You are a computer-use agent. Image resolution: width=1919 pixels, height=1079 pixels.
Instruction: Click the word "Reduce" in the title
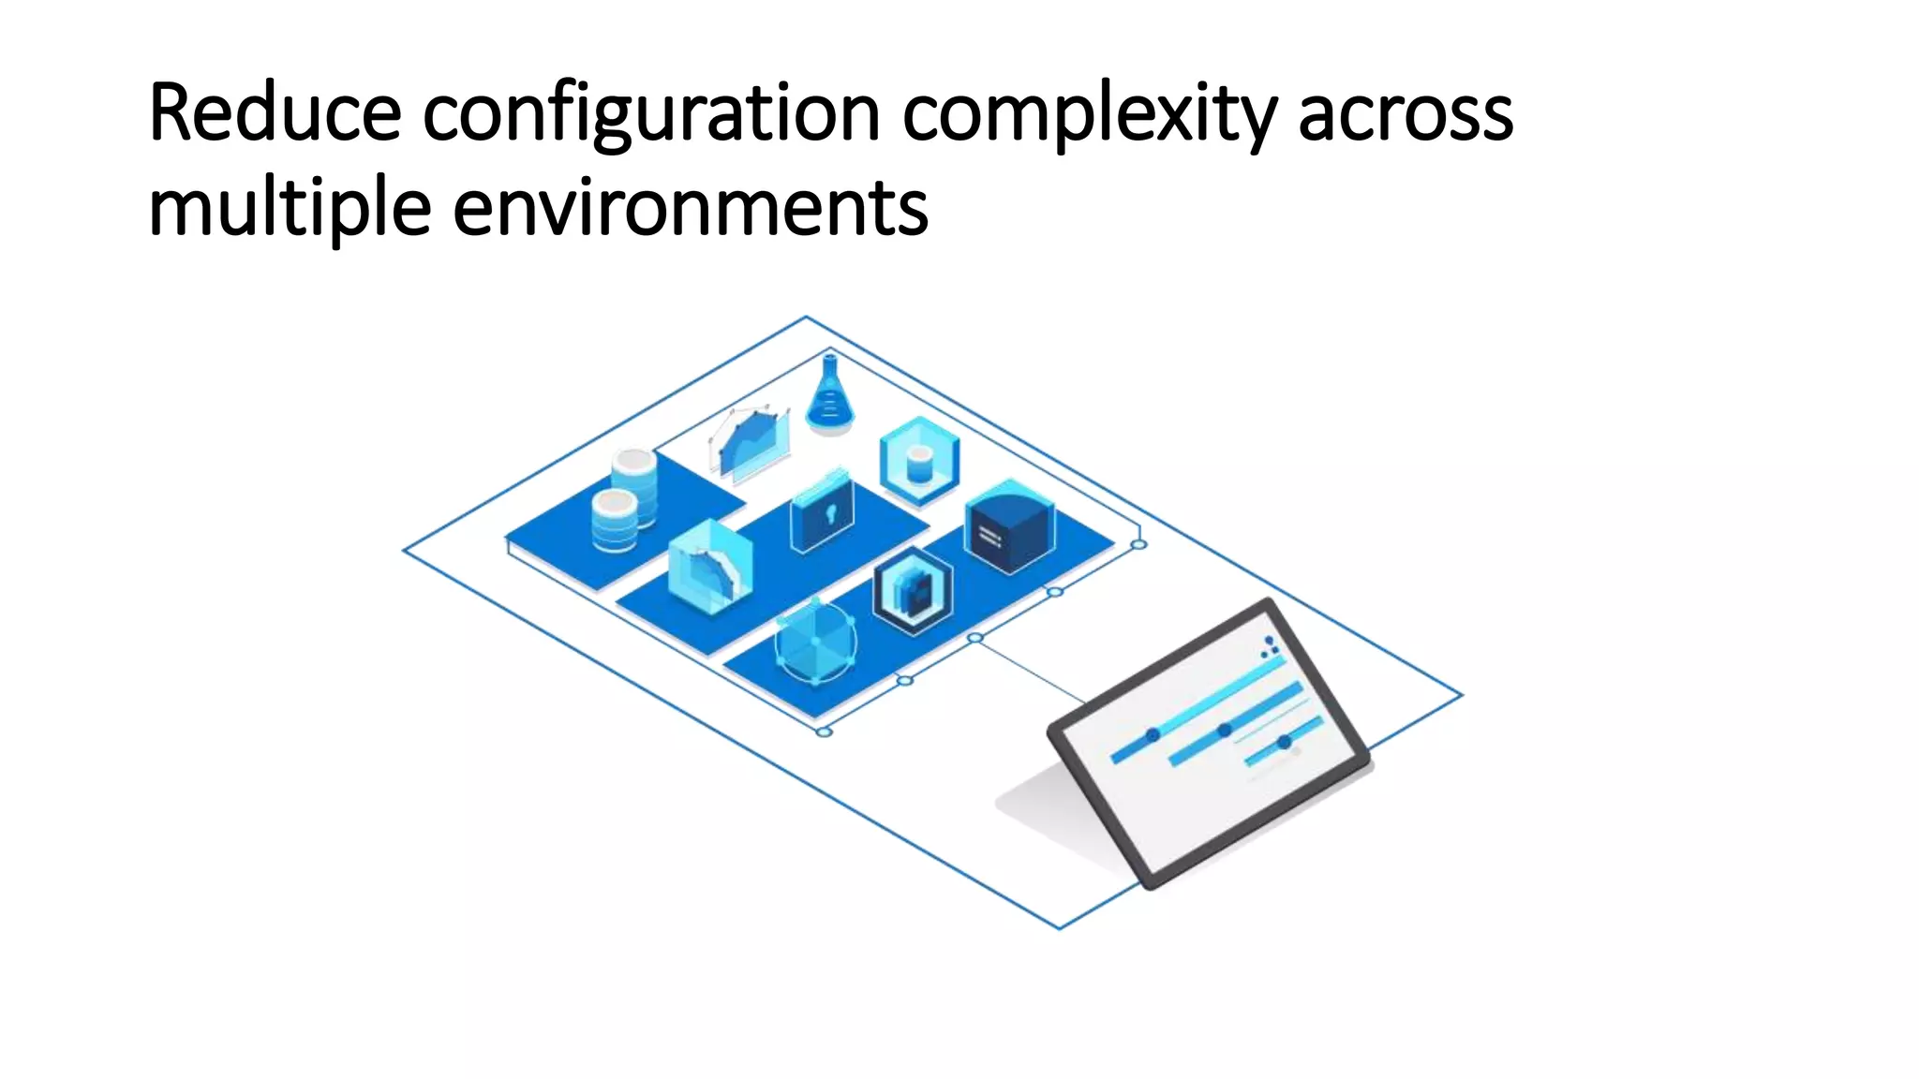pos(275,113)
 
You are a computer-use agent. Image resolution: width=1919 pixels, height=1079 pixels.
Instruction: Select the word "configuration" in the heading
pos(650,115)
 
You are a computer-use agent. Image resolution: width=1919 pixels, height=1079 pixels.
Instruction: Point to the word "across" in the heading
pos(1405,115)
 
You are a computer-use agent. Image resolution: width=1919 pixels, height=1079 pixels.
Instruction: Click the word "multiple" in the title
pos(290,209)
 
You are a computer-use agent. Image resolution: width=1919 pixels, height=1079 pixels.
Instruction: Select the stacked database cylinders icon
pos(624,501)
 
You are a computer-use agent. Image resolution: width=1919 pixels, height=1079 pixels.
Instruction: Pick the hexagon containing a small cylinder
pos(919,462)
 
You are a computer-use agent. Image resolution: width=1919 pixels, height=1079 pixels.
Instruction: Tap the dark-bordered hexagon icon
pos(913,591)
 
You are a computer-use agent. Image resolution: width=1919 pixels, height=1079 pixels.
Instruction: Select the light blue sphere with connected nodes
pos(815,642)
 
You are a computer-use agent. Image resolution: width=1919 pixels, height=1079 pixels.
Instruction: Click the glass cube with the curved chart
pos(709,568)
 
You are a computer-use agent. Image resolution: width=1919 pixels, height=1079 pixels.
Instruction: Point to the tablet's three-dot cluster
pos(1270,647)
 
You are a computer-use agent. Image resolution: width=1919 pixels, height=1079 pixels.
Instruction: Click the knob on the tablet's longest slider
pos(1153,735)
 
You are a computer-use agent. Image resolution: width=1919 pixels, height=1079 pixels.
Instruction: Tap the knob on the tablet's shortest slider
pos(1285,742)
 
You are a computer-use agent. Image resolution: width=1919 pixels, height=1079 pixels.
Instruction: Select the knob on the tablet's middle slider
pos(1224,730)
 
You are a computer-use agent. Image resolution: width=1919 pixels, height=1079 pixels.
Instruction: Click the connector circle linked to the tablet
pos(974,638)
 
